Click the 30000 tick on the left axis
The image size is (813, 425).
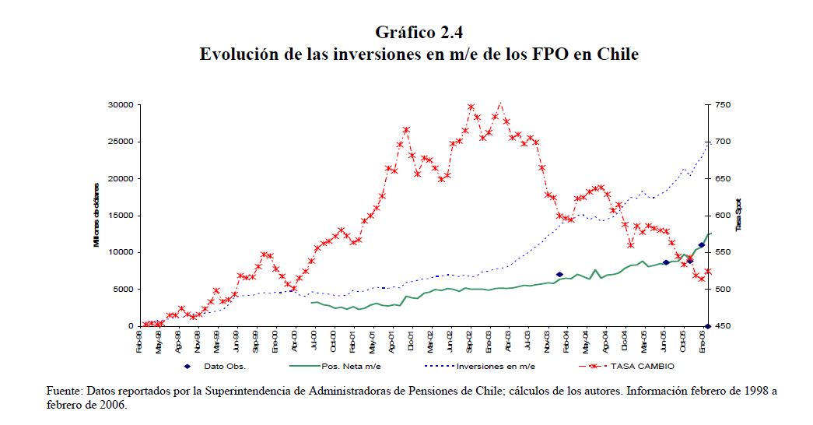pyautogui.click(x=122, y=105)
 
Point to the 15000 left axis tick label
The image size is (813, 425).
pyautogui.click(x=122, y=216)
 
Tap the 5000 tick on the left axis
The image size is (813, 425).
pyautogui.click(x=124, y=290)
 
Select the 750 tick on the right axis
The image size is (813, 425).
pyautogui.click(x=724, y=105)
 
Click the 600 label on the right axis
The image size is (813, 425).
pyautogui.click(x=724, y=216)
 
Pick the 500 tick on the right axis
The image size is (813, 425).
pyautogui.click(x=724, y=290)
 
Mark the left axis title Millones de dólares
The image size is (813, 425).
pyautogui.click(x=96, y=216)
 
